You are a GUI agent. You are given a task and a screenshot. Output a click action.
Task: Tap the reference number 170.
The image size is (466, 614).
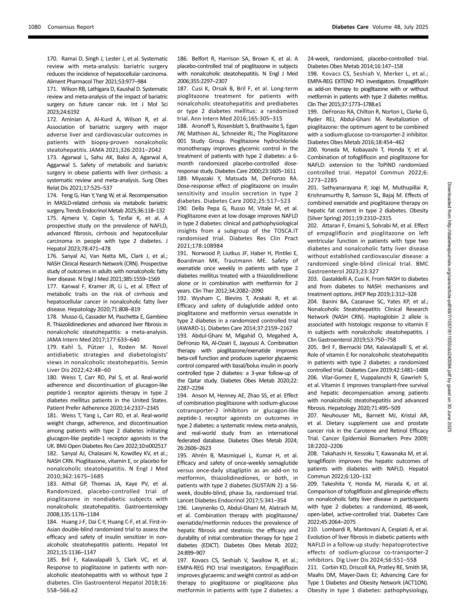point(52,59)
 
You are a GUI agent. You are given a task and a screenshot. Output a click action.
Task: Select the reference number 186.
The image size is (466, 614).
point(182,59)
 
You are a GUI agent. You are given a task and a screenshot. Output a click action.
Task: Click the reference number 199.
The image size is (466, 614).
point(312,112)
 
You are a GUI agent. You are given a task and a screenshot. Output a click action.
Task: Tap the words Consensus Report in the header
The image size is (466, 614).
point(71,27)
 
